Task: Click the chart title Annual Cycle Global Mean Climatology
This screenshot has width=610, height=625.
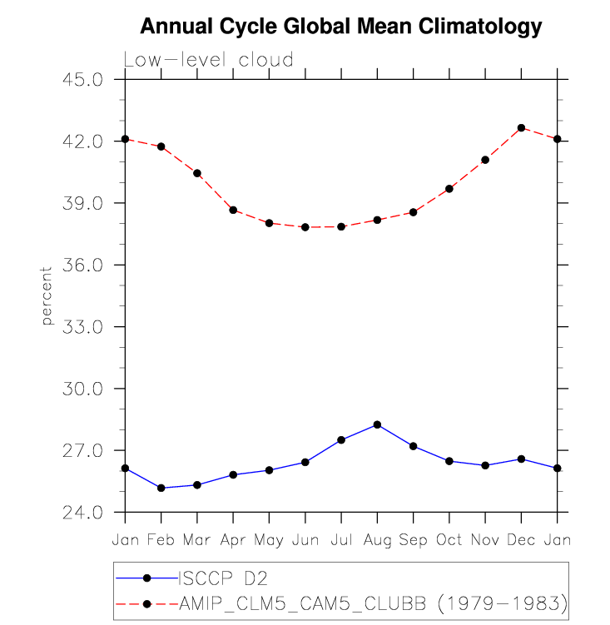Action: [x=341, y=27]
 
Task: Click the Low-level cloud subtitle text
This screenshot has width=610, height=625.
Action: [x=208, y=60]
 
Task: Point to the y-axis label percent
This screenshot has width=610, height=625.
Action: [x=47, y=295]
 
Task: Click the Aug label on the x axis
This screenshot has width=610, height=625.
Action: [x=377, y=540]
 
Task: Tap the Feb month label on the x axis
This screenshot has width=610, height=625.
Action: [x=161, y=540]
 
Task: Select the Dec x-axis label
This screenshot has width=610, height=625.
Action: [x=521, y=540]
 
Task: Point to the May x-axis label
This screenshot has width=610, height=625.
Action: [x=269, y=542]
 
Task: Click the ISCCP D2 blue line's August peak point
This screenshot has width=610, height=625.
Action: [x=377, y=424]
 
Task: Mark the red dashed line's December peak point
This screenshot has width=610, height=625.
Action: [x=521, y=128]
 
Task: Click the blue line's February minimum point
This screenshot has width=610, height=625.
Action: [x=161, y=488]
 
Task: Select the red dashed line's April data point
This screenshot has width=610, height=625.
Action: [x=233, y=210]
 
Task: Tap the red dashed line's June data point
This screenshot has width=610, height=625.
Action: [x=305, y=227]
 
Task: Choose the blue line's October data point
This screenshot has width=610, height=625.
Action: [x=449, y=461]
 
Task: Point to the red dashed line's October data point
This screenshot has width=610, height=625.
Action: [x=449, y=189]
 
